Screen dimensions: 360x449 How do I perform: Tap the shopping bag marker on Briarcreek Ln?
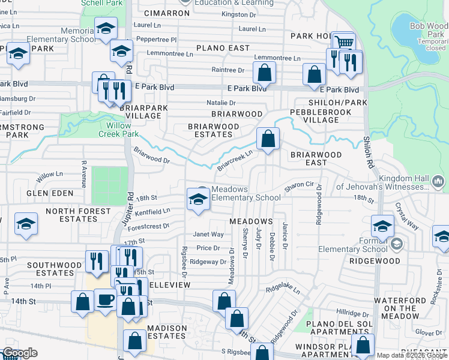click(268, 139)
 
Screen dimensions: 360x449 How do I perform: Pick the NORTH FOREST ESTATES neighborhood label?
click(79, 215)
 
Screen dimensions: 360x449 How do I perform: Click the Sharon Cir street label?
click(299, 187)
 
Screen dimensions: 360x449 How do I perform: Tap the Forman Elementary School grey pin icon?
click(396, 244)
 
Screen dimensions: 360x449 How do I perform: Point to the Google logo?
click(20, 353)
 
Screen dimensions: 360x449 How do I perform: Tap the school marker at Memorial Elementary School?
click(106, 30)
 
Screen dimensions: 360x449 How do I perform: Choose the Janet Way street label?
click(208, 235)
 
